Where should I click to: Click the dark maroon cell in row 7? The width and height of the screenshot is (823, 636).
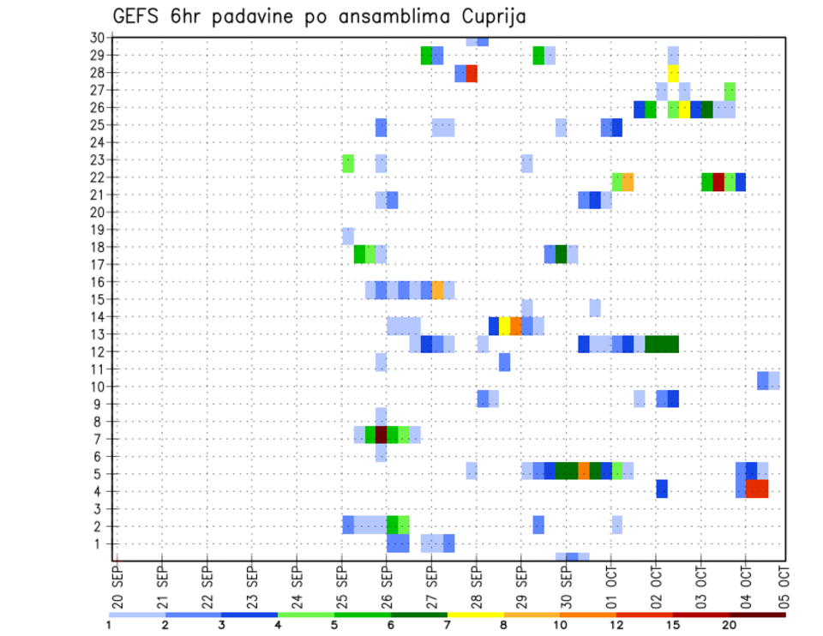click(381, 435)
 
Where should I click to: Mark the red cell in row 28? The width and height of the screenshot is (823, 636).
click(472, 74)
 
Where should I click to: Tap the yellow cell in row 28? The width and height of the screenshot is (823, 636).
click(673, 74)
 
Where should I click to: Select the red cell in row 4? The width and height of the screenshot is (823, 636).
click(757, 489)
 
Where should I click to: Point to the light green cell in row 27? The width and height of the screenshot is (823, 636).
click(730, 91)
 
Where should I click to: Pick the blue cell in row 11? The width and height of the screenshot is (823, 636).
click(505, 362)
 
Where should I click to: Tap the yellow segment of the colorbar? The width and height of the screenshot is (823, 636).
click(476, 615)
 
